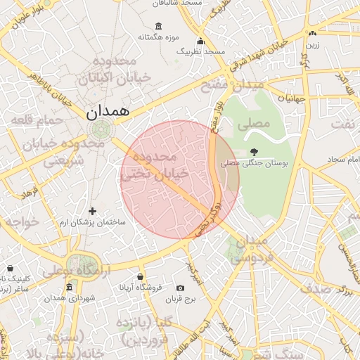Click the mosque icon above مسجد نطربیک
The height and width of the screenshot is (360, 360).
[201, 41]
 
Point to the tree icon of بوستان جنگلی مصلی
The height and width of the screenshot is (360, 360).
[254, 152]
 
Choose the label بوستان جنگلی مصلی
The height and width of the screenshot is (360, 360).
[255, 163]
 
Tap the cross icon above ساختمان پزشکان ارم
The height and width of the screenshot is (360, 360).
[92, 210]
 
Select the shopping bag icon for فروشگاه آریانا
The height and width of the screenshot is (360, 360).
[140, 276]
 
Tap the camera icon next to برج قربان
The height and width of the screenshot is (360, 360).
[180, 288]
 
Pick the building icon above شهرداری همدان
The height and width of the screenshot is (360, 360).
[69, 287]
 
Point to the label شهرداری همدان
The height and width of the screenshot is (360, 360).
[70, 298]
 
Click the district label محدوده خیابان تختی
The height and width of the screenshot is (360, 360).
[155, 165]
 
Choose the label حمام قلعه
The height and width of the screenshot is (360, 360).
[32, 121]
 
